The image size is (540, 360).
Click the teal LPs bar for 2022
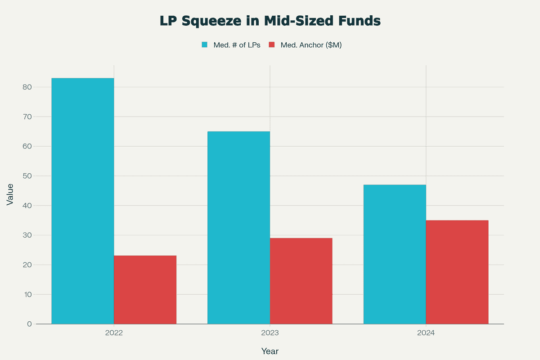coord(83,201)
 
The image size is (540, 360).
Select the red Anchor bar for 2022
coord(145,290)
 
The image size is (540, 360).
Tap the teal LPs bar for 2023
coord(238,227)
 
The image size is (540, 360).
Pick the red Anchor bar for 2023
coord(301,281)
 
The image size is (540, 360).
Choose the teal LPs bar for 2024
coord(395,254)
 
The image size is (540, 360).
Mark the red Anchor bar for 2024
coord(457,272)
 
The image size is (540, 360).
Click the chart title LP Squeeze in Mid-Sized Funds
coord(270,21)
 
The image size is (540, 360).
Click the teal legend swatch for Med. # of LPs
coord(205,45)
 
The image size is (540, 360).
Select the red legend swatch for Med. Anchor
coord(271,45)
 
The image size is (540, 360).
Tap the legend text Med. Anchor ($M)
coord(311,45)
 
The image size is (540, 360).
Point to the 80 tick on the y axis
coord(27,87)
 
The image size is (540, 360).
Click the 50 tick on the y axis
coord(27,176)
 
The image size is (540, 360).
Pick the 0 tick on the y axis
coord(29,324)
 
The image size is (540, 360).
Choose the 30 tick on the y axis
coord(27,235)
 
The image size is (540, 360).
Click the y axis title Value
coord(10,194)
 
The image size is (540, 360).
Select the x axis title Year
coord(270,351)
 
